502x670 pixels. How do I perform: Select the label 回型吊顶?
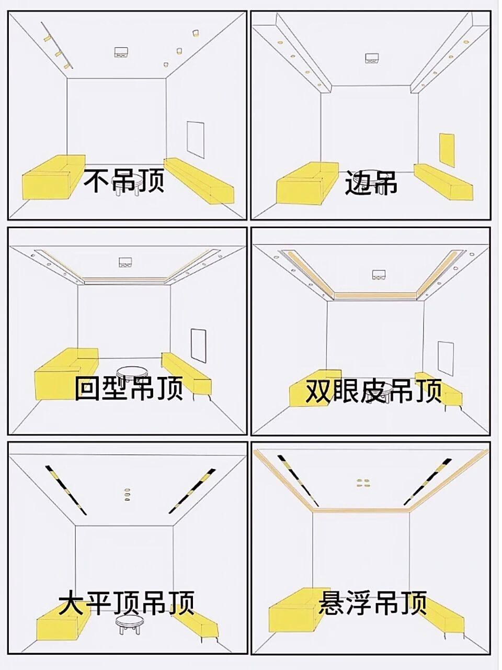point(128,388)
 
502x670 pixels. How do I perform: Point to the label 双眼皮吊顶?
point(373,391)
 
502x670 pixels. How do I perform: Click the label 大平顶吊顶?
point(127,602)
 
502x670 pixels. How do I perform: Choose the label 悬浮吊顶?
point(373,603)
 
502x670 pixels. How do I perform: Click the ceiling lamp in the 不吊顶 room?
point(121,52)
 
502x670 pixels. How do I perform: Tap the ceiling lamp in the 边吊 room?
point(372,59)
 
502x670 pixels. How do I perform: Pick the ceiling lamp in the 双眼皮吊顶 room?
point(379,274)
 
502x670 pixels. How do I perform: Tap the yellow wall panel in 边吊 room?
point(447,150)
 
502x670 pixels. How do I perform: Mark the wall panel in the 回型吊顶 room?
point(198,345)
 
